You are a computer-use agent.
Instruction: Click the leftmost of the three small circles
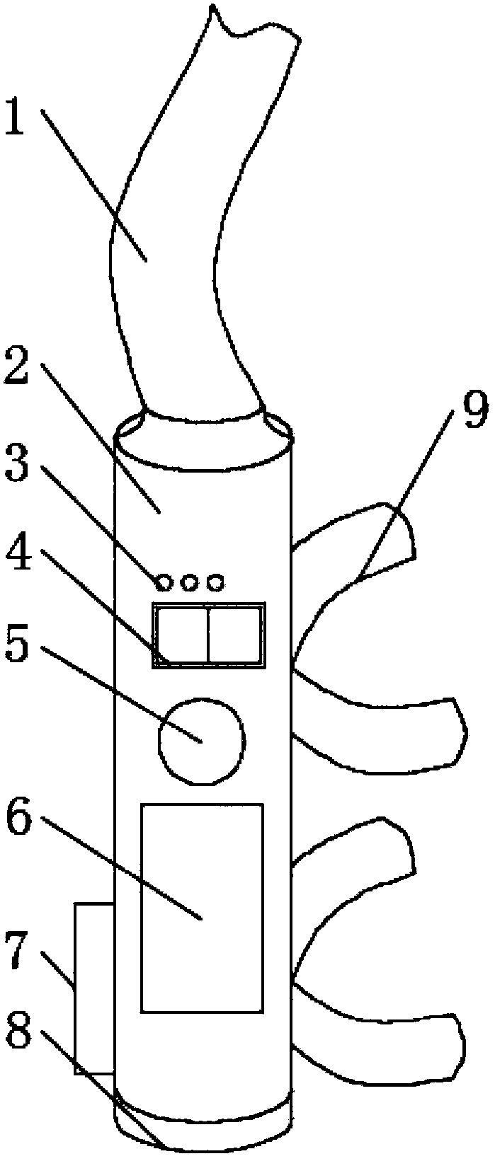[164, 582]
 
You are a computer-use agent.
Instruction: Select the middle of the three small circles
[190, 582]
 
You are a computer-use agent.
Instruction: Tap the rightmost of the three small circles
[215, 582]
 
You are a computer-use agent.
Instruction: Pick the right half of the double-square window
[236, 634]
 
